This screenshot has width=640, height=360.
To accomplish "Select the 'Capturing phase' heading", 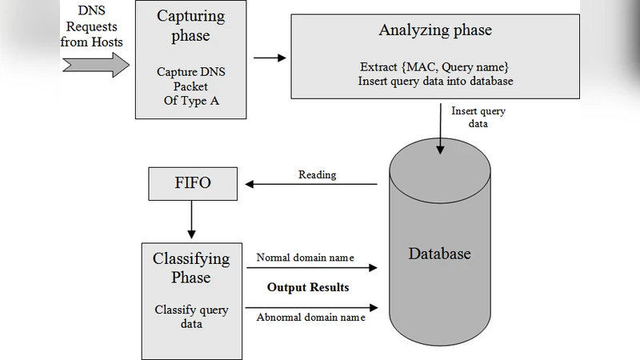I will tap(190, 26).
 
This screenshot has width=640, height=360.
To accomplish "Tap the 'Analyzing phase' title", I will tap(434, 30).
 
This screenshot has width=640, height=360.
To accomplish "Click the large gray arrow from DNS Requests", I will tap(96, 64).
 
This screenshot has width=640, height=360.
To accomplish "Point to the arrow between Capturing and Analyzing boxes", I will tap(270, 58).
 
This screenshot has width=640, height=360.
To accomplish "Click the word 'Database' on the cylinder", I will tap(439, 254).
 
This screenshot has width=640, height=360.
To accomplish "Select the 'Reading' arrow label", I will tap(318, 174).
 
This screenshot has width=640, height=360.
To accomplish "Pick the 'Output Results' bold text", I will tap(308, 287).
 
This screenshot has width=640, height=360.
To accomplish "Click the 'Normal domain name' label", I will tap(305, 258).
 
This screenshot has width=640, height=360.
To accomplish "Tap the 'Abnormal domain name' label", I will tap(310, 318).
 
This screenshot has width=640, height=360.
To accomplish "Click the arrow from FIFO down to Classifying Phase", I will tap(191, 219).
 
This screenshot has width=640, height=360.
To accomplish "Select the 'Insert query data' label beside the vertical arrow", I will tap(478, 118).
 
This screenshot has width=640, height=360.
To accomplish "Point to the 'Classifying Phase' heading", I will tap(191, 268).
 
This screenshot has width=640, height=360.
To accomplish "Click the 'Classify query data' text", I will tap(191, 317).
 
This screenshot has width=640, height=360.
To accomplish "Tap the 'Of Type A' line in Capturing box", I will tap(190, 100).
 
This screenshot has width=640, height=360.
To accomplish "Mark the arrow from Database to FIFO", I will tap(311, 184).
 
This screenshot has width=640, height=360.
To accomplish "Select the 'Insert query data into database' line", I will tap(434, 81).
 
